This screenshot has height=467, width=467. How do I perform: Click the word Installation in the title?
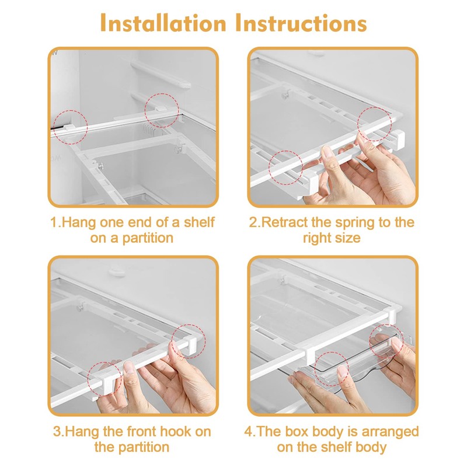pos(163,23)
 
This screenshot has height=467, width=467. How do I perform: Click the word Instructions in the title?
pos(301,23)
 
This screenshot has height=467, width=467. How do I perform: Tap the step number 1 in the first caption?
pos(54,222)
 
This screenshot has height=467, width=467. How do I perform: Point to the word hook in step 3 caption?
pos(173,431)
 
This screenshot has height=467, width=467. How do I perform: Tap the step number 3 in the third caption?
pos(57,431)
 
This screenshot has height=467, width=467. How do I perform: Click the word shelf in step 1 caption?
pos(199,222)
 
